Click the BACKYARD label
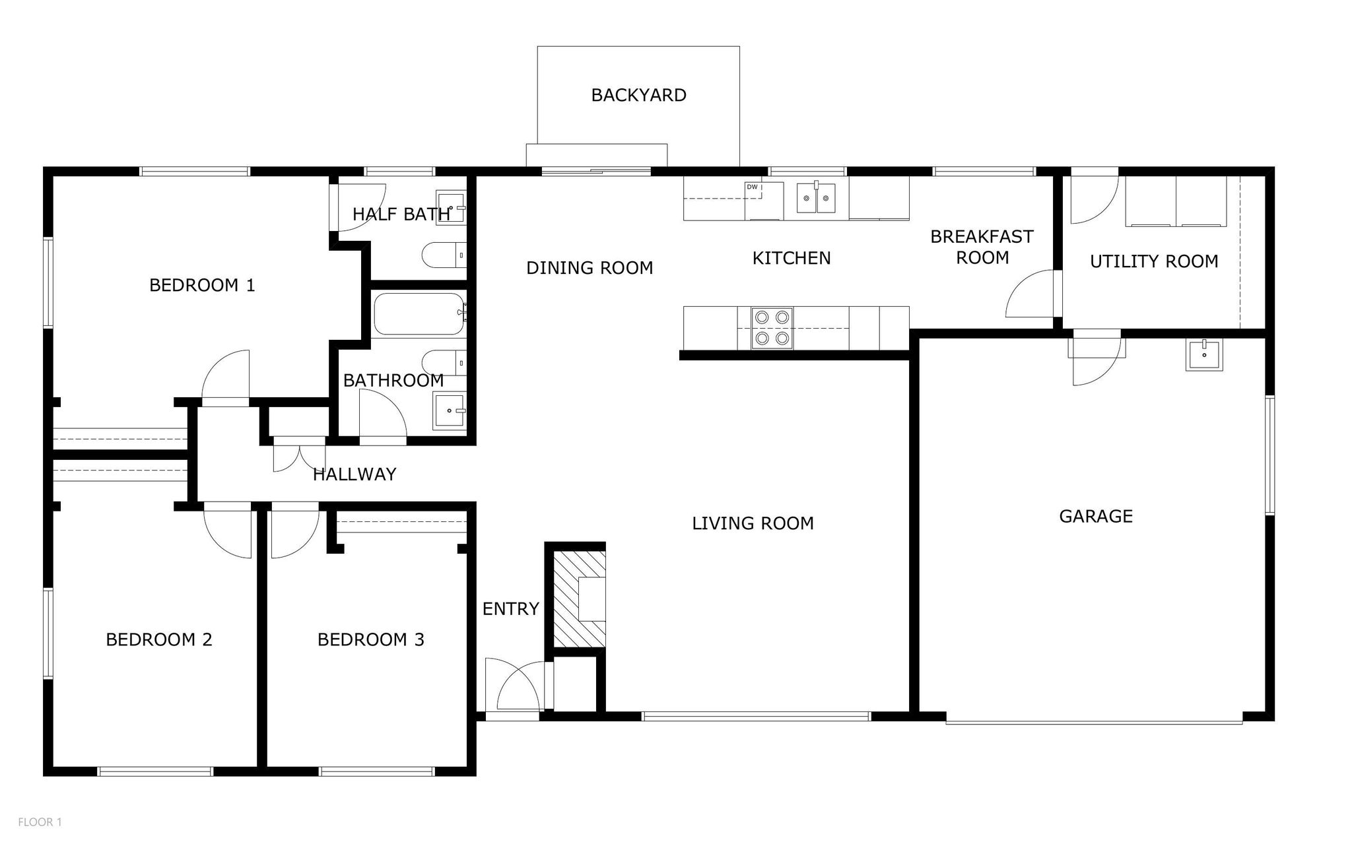pyautogui.click(x=638, y=95)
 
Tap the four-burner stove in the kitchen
pyautogui.click(x=772, y=328)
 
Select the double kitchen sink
pyautogui.click(x=816, y=197)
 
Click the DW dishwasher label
pyautogui.click(x=752, y=187)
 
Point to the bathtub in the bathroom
pyautogui.click(x=419, y=314)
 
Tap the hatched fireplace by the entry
pyautogui.click(x=578, y=599)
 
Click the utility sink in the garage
pyautogui.click(x=1204, y=354)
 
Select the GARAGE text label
pyautogui.click(x=1096, y=516)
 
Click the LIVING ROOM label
pyautogui.click(x=753, y=523)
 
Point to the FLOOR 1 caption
pyautogui.click(x=40, y=822)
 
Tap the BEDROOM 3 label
pyautogui.click(x=371, y=639)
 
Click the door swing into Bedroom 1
pyautogui.click(x=226, y=375)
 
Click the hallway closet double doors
pyautogui.click(x=300, y=455)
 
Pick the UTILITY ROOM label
pyautogui.click(x=1154, y=261)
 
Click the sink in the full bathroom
pyautogui.click(x=450, y=410)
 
